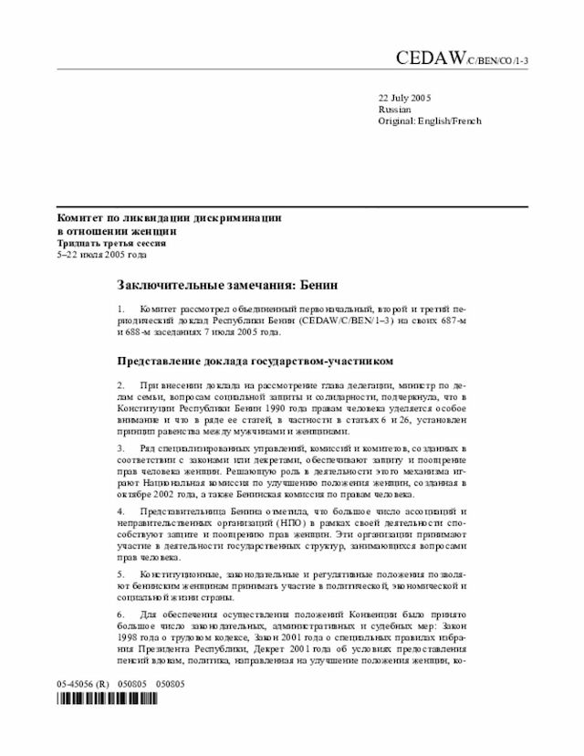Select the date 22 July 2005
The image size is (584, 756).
(404, 98)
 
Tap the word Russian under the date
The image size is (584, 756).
(394, 109)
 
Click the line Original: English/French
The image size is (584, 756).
(430, 121)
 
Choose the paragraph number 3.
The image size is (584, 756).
(120, 449)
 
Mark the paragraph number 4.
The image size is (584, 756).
(120, 512)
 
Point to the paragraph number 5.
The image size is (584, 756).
(120, 574)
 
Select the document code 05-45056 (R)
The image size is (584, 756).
(83, 683)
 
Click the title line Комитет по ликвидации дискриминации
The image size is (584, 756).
(169, 219)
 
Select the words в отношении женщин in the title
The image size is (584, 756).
(111, 232)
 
